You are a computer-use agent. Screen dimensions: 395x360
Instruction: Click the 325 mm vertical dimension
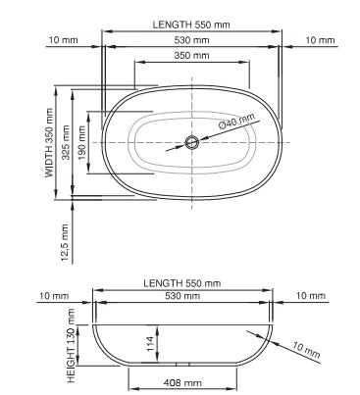[67, 142]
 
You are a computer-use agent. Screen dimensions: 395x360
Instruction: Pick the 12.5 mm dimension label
[65, 241]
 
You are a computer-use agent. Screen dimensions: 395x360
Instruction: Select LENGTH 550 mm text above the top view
[192, 23]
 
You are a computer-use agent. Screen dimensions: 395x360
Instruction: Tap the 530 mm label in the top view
[192, 41]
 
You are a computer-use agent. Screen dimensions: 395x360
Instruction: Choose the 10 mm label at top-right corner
[318, 41]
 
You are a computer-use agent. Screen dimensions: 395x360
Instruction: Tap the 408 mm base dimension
[182, 383]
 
